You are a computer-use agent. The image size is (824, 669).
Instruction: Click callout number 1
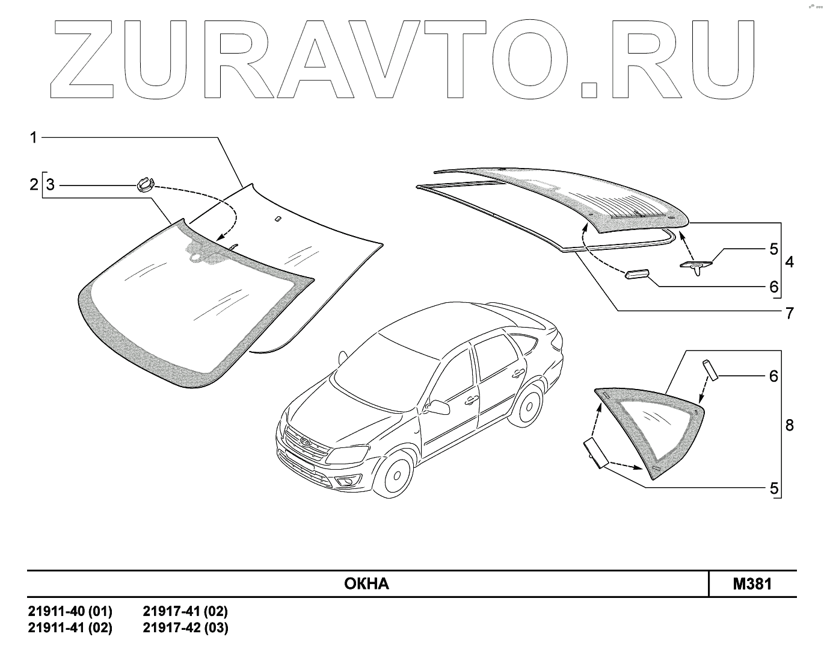click(x=34, y=138)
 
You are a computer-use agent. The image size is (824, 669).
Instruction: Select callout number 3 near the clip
click(x=51, y=184)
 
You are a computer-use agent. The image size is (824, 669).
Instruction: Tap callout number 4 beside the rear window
click(x=789, y=262)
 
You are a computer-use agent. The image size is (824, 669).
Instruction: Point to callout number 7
click(x=789, y=313)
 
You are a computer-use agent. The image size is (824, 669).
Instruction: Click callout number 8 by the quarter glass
click(x=789, y=425)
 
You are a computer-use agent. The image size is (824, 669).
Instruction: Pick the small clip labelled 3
click(x=145, y=183)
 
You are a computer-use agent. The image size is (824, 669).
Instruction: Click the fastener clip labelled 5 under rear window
click(x=697, y=264)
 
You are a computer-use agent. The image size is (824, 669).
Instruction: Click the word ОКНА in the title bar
click(x=366, y=583)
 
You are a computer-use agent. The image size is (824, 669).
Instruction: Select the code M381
click(x=752, y=583)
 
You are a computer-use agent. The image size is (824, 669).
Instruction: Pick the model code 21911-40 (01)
click(x=70, y=612)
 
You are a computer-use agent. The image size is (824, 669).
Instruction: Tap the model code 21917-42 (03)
click(x=185, y=627)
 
